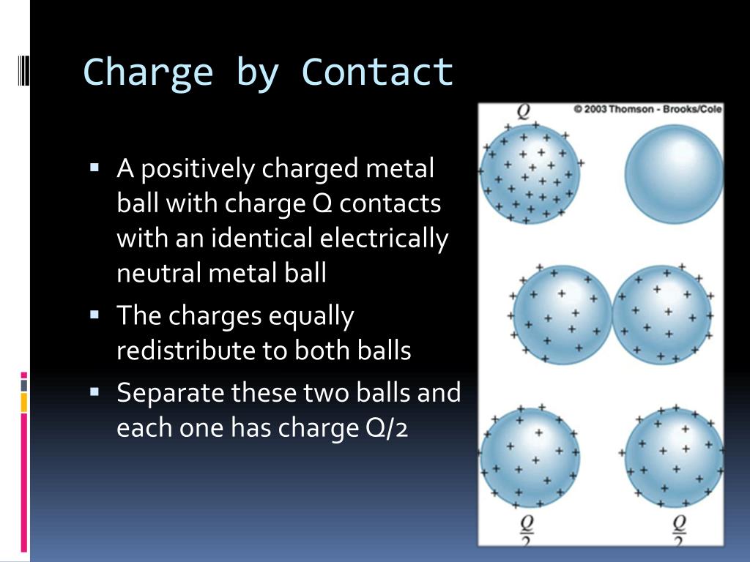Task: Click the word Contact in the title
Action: pyautogui.click(x=377, y=72)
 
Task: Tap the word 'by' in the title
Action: pyautogui.click(x=257, y=73)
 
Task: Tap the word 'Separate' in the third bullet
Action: pyautogui.click(x=170, y=394)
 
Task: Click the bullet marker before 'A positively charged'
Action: pyautogui.click(x=94, y=168)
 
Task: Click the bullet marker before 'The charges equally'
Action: pyautogui.click(x=94, y=315)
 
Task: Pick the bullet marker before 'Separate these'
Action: pyautogui.click(x=94, y=392)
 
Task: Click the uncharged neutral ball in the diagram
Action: pyautogui.click(x=674, y=173)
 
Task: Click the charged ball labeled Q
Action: pyautogui.click(x=530, y=173)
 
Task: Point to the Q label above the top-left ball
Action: pyautogui.click(x=524, y=112)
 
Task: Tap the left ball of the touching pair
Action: pyautogui.click(x=562, y=315)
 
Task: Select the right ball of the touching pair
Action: pyautogui.click(x=662, y=315)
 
